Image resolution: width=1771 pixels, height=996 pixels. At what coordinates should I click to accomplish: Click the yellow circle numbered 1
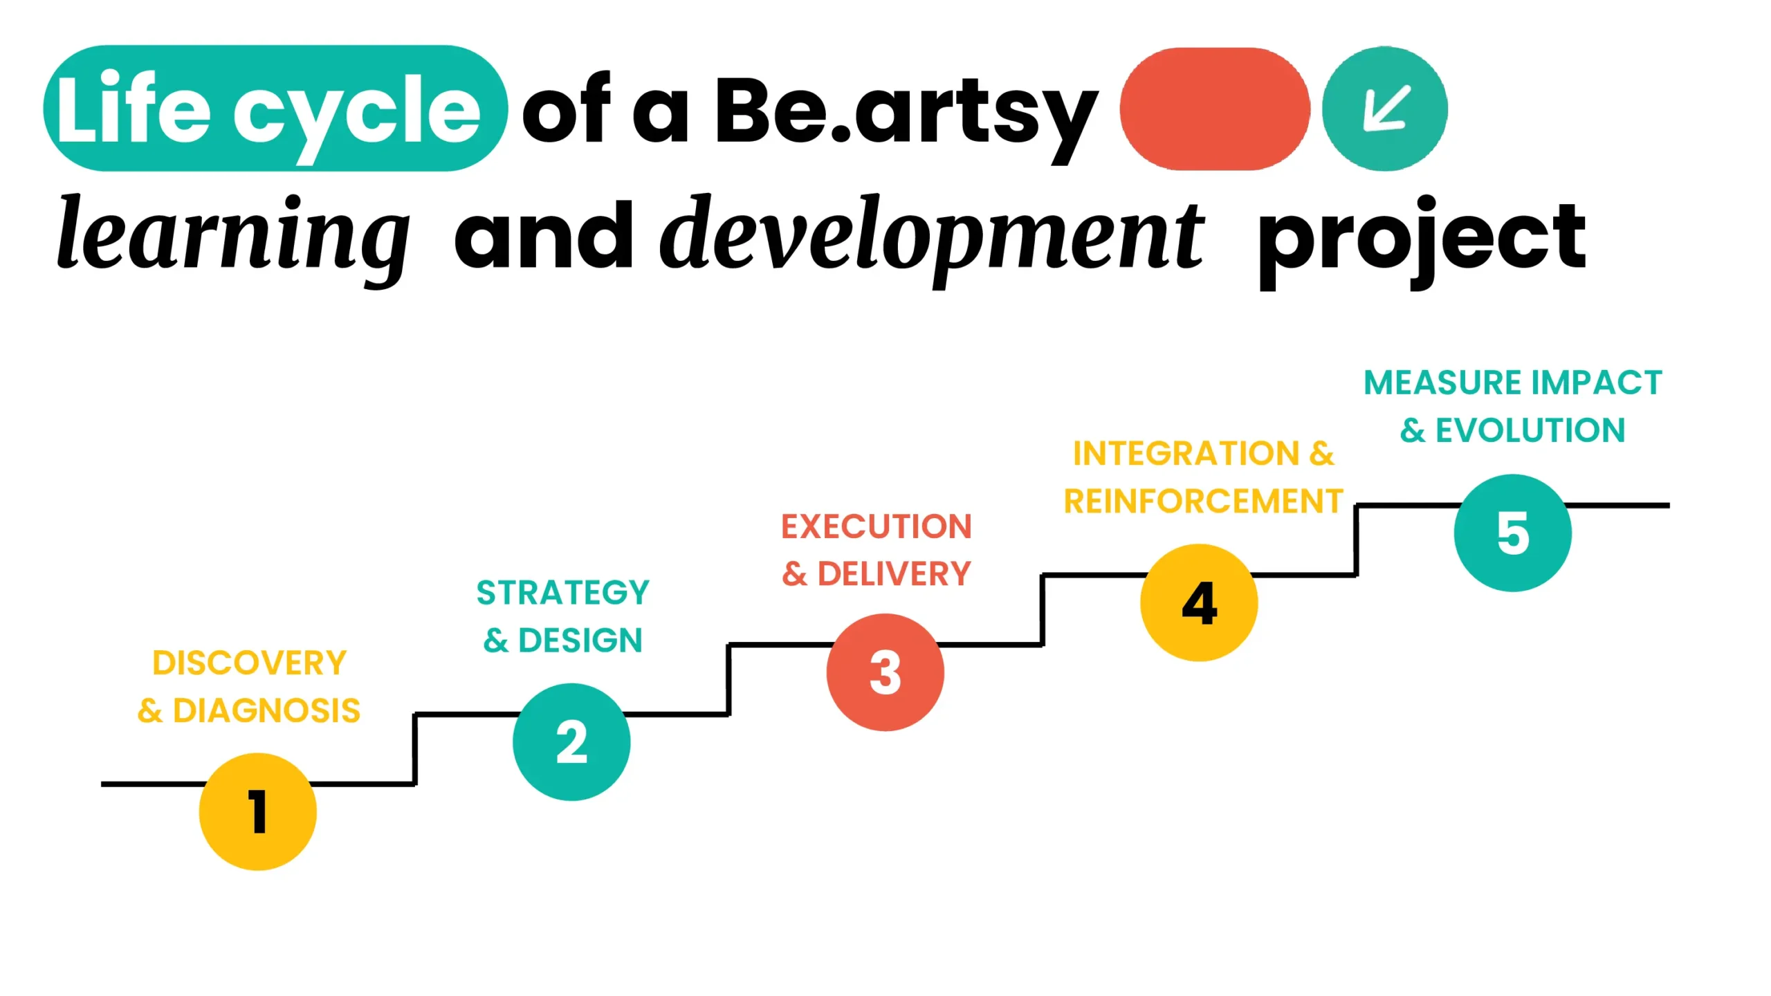[257, 811]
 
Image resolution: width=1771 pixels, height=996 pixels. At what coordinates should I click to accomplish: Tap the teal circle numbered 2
[571, 741]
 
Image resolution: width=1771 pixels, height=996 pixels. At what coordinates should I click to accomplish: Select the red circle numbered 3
[885, 672]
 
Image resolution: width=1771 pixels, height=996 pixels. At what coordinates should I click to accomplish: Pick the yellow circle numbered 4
[1199, 602]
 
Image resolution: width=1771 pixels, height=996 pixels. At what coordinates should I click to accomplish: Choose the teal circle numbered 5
[1513, 533]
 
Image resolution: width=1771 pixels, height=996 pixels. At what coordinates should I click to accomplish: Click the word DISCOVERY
[249, 663]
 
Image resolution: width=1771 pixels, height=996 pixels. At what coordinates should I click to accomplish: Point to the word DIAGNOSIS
[266, 710]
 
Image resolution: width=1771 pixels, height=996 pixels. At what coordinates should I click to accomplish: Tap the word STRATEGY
[563, 592]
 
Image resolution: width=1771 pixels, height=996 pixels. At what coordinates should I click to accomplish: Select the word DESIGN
[580, 640]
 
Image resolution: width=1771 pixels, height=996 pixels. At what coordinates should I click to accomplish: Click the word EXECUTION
[877, 526]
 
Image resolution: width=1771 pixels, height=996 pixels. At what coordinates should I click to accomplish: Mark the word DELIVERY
[894, 573]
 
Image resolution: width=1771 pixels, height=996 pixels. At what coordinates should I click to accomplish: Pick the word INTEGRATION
[1186, 453]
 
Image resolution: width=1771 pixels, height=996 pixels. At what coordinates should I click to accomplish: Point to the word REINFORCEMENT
[1204, 501]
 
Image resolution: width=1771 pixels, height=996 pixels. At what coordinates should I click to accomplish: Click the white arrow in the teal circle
[1386, 108]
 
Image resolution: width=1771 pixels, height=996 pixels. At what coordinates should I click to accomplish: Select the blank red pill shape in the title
[1215, 109]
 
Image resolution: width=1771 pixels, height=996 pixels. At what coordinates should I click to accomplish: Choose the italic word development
[933, 239]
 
